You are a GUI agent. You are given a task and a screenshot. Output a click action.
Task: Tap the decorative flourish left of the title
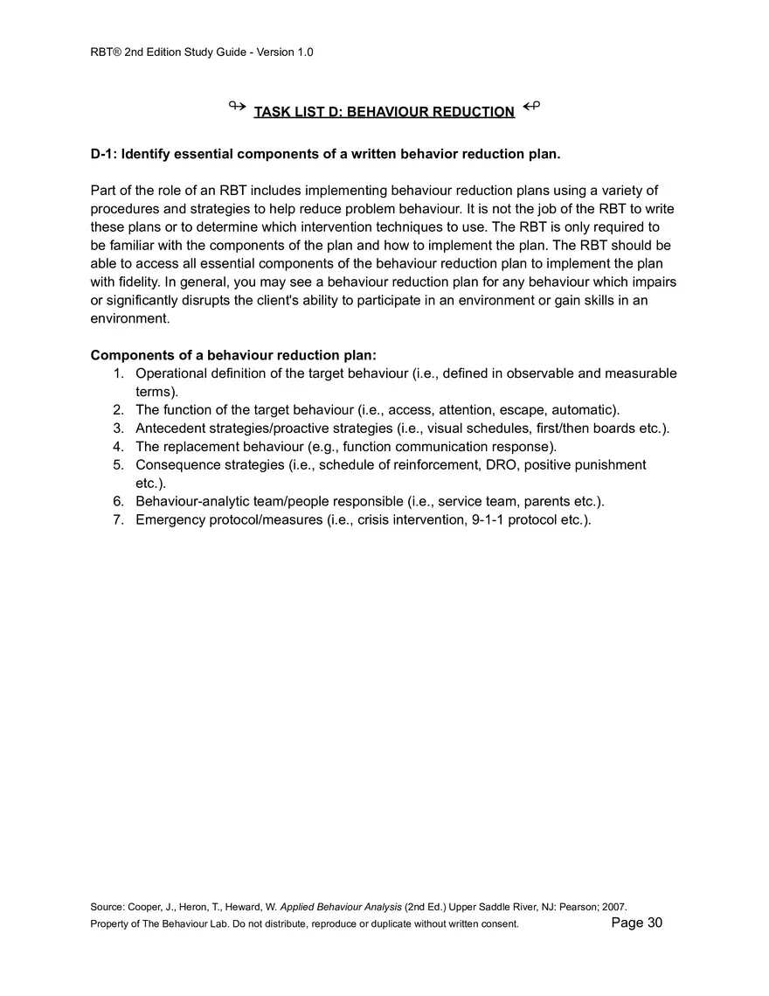click(237, 107)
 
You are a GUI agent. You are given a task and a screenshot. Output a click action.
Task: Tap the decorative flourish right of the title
click(531, 107)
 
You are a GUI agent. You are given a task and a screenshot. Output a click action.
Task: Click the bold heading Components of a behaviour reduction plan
click(233, 355)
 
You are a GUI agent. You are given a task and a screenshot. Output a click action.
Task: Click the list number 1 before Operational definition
click(118, 373)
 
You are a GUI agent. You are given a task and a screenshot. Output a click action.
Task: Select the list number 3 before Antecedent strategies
click(118, 428)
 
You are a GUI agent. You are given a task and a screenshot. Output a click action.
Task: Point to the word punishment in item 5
click(606, 464)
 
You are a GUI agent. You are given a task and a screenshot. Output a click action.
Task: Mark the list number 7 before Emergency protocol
click(118, 519)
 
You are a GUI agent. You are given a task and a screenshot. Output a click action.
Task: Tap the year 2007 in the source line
click(613, 907)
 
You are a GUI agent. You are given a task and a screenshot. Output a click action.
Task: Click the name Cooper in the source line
click(144, 907)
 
